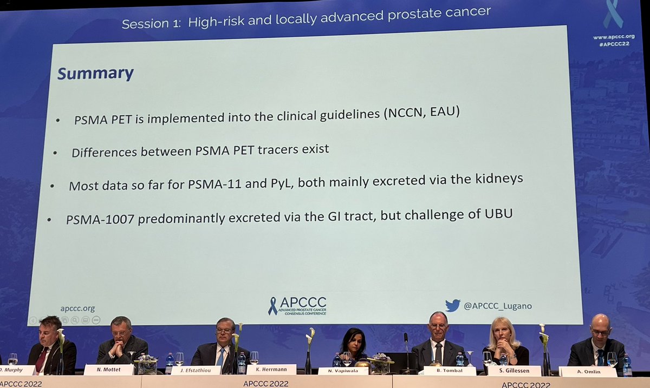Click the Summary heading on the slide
click(x=95, y=74)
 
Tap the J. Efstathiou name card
click(x=196, y=370)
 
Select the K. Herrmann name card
click(x=271, y=370)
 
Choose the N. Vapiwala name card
click(x=343, y=371)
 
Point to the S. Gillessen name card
click(x=514, y=371)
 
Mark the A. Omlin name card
click(x=588, y=371)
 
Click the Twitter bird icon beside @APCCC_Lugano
click(x=452, y=306)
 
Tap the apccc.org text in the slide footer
click(x=77, y=308)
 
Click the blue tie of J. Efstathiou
click(x=221, y=357)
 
